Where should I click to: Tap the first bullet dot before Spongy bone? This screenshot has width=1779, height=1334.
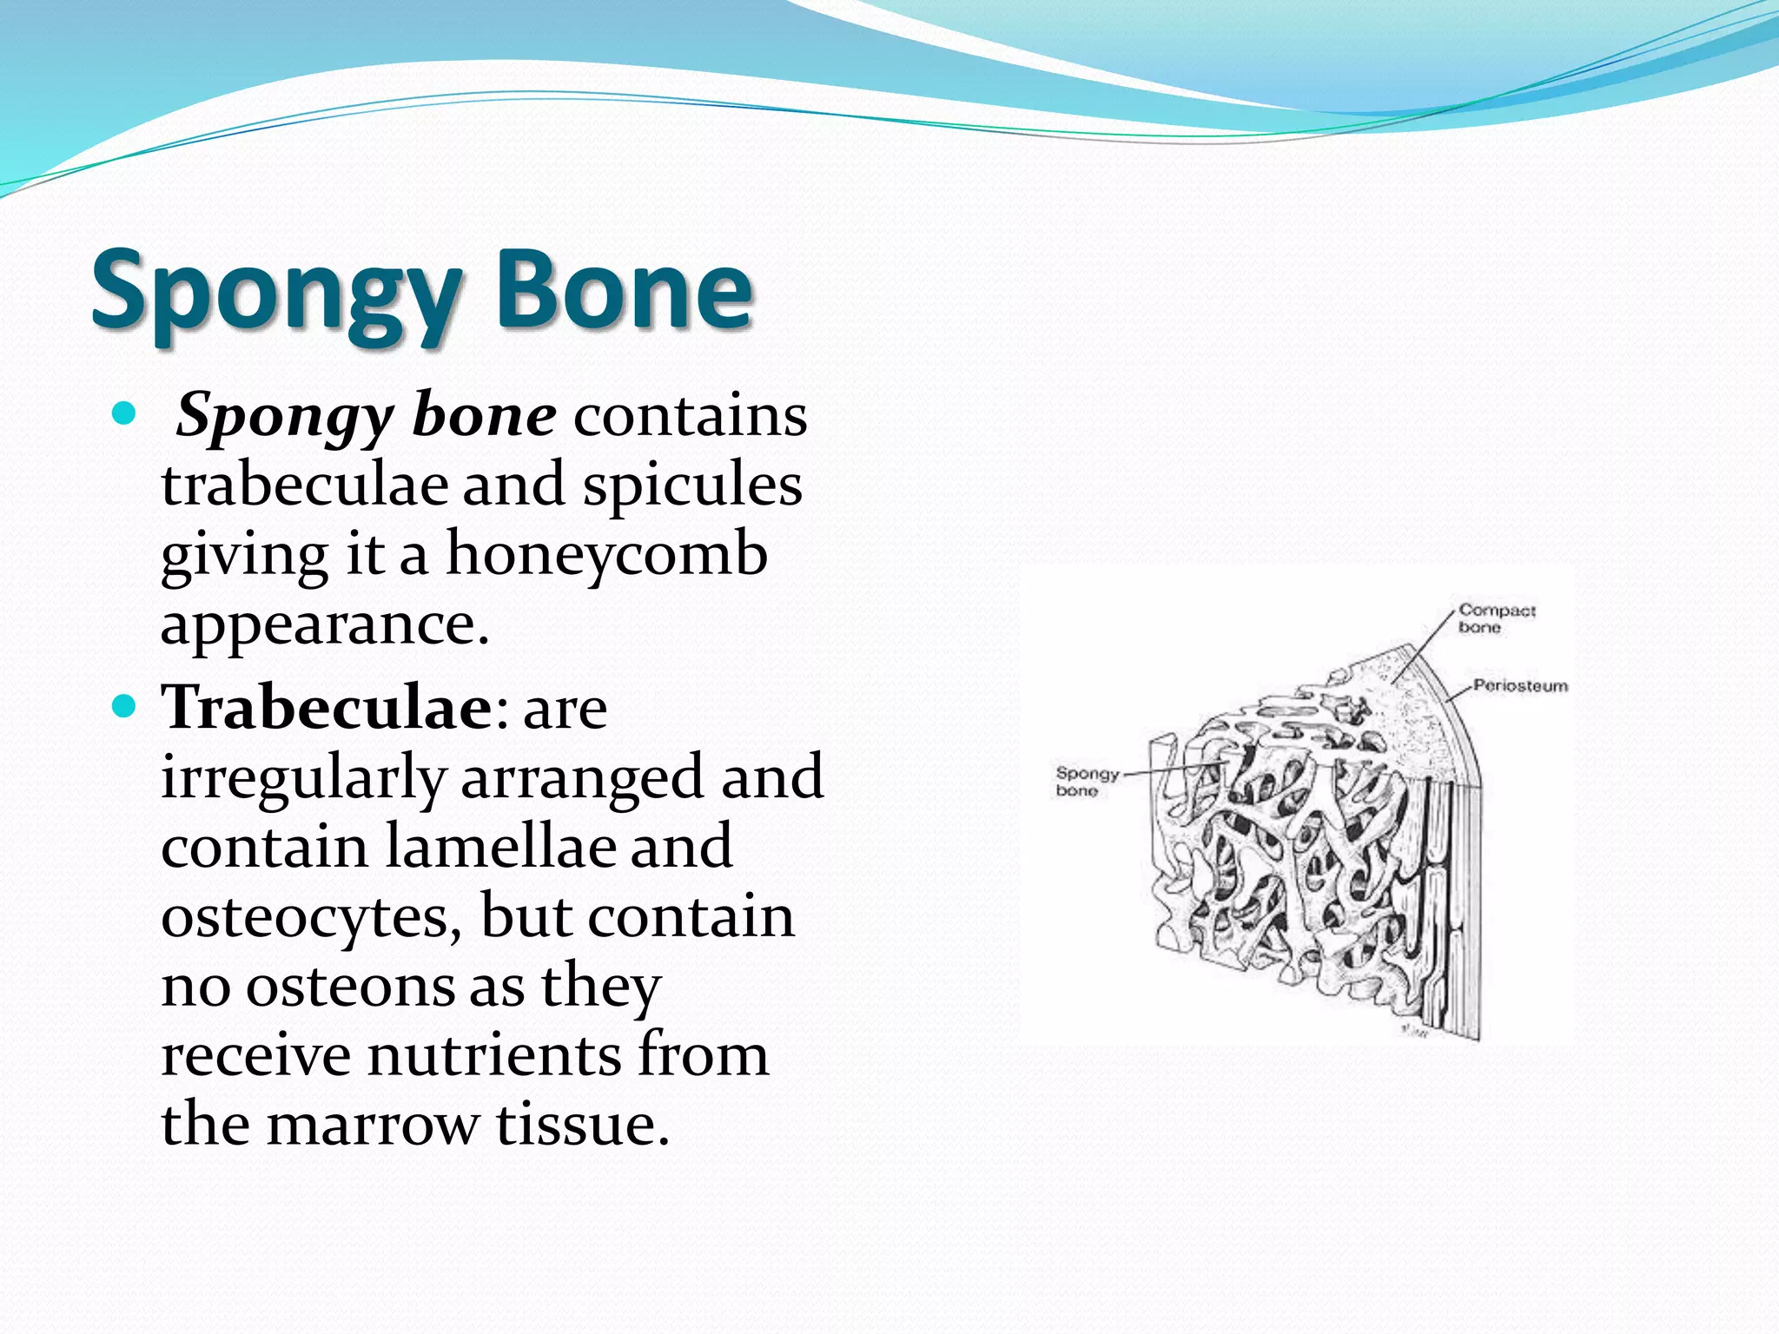pos(125,414)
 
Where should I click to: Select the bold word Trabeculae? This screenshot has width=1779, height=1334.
pos(327,707)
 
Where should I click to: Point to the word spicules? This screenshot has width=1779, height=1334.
pos(691,485)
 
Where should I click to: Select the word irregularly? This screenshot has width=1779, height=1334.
pos(302,777)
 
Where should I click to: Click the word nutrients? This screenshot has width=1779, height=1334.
pos(494,1056)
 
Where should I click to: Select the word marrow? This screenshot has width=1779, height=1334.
pos(372,1126)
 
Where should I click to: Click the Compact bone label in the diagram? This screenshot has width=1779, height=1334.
pos(1496,618)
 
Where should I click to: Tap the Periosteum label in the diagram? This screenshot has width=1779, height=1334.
pos(1520,686)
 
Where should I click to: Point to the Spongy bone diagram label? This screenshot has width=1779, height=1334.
pos(1086,781)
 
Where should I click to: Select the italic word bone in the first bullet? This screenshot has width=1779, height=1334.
pos(484,416)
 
